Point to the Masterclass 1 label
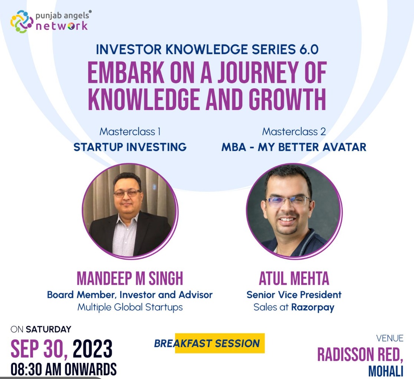tap(130, 132)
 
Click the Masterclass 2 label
tap(294, 132)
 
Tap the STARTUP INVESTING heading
tap(130, 147)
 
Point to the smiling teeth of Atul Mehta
tap(287, 219)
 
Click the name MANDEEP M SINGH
tap(130, 278)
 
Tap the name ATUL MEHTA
tap(294, 278)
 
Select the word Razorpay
tap(313, 307)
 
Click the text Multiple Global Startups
tap(130, 307)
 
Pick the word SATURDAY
tap(49, 329)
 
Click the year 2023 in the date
tap(92, 349)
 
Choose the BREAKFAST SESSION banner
tap(210, 343)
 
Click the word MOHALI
tap(386, 371)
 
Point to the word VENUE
tap(390, 338)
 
